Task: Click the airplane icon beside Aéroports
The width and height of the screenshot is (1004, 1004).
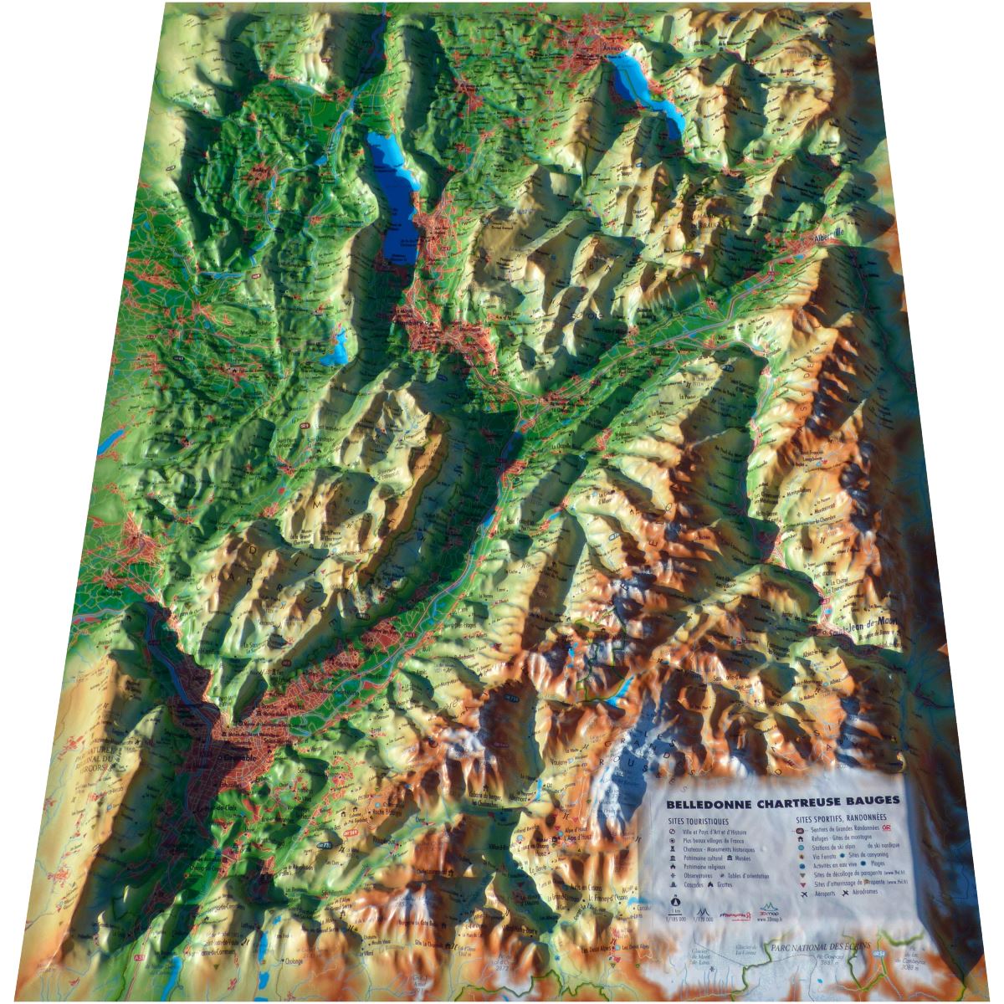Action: pyautogui.click(x=804, y=894)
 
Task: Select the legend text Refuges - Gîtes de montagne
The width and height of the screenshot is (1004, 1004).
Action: pyautogui.click(x=845, y=837)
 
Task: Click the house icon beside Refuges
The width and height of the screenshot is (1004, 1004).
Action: pyautogui.click(x=802, y=837)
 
